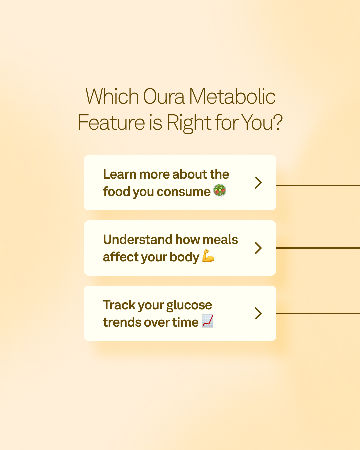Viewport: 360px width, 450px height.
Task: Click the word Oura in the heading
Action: (x=164, y=96)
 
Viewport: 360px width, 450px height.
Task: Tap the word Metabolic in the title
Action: (x=232, y=96)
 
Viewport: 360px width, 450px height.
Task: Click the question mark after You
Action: (x=278, y=122)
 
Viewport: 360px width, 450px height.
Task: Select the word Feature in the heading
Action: (x=111, y=122)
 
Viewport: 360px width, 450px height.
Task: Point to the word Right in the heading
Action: (x=189, y=123)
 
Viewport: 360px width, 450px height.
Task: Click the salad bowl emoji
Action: (x=220, y=190)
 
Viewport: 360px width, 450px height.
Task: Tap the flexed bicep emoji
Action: (x=208, y=256)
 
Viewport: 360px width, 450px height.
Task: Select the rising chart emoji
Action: (x=208, y=321)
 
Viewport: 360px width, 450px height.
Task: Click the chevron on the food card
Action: (x=258, y=183)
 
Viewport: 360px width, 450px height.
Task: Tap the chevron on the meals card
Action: (x=258, y=248)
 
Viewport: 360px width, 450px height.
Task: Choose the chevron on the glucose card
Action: (x=258, y=313)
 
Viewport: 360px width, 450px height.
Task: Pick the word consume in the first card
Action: (x=183, y=192)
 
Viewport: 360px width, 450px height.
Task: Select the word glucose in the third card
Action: (x=189, y=306)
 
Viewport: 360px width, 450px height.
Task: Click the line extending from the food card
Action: (x=318, y=185)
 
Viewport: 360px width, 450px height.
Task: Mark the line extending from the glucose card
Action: (x=318, y=313)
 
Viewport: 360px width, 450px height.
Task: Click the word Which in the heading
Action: (x=112, y=96)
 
